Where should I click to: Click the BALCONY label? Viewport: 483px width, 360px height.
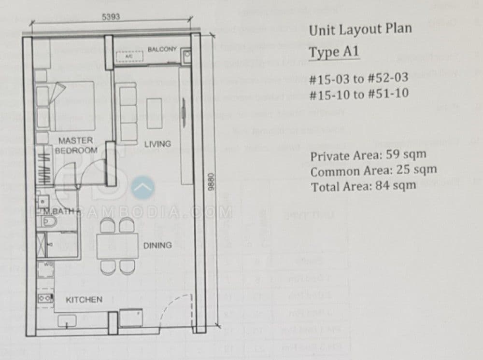[162, 50]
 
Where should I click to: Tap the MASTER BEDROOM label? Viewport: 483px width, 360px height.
[76, 145]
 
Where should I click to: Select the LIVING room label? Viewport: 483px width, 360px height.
[157, 144]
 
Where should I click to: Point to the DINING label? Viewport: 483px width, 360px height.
[157, 246]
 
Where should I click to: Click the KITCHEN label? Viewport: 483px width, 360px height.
[84, 300]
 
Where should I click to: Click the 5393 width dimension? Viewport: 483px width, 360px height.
[111, 16]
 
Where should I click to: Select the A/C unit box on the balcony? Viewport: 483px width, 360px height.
[128, 56]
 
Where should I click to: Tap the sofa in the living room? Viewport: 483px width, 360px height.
[128, 113]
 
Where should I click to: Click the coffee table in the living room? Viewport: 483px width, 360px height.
[155, 113]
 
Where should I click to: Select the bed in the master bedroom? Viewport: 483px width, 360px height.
[72, 106]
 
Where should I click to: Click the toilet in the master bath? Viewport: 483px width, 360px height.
[50, 221]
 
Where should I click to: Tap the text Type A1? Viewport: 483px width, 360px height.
[333, 52]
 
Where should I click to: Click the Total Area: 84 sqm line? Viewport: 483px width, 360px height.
[363, 186]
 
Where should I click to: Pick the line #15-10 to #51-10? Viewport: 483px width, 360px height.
[359, 94]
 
